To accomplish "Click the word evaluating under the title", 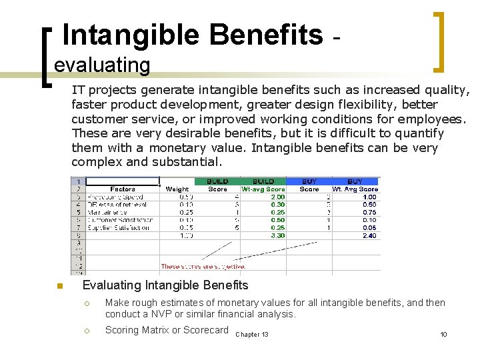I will [x=102, y=65].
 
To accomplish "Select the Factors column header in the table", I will [x=123, y=189].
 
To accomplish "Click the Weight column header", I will [x=177, y=189].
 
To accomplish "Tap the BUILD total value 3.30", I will [x=277, y=235].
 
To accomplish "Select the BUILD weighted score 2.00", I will [x=277, y=197].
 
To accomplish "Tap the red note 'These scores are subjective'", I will [x=203, y=267].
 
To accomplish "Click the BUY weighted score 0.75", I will [x=369, y=213].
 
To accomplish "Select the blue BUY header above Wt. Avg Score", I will [x=355, y=181].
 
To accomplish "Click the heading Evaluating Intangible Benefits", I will [x=165, y=285].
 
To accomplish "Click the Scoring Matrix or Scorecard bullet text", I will [x=167, y=330].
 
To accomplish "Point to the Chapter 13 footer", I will [x=252, y=334].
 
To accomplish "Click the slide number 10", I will [x=443, y=334].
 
